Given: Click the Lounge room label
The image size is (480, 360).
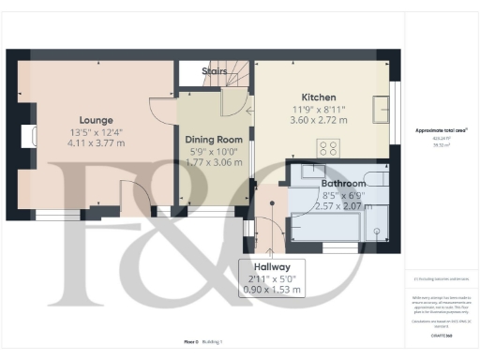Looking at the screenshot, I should [x=97, y=120].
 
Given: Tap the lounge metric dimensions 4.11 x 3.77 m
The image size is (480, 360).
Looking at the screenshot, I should [x=97, y=144].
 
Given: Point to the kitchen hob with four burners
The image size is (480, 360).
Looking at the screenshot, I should [x=329, y=148].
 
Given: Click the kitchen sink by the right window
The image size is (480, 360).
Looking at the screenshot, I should [x=382, y=110].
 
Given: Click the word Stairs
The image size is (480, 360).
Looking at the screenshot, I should [x=215, y=70].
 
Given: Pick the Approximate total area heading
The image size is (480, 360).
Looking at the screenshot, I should [x=441, y=129].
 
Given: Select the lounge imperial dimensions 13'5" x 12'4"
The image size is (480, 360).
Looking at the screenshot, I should [x=97, y=132].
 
